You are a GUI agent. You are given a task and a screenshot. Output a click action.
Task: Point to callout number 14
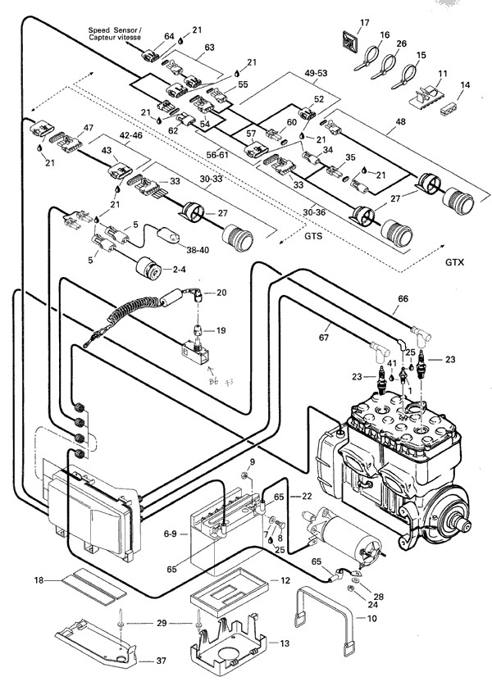click(465, 85)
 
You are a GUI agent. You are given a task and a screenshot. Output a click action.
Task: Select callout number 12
click(285, 580)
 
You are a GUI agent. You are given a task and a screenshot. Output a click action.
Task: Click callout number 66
click(403, 300)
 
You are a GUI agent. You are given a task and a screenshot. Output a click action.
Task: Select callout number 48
click(399, 122)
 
